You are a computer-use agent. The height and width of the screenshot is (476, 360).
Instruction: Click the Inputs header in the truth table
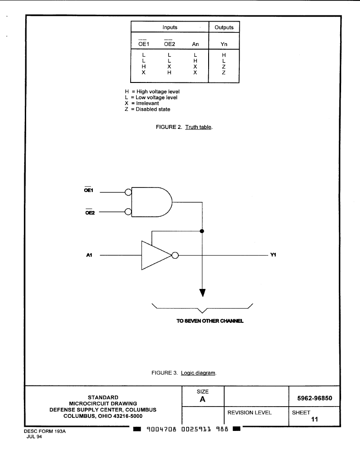point(170,27)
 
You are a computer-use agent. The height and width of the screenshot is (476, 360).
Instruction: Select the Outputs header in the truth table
point(224,27)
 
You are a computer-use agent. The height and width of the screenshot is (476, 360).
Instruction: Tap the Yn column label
point(224,44)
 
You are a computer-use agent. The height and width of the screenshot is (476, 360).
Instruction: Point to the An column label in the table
point(195,44)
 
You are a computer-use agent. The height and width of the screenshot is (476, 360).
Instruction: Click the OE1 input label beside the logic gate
point(89,190)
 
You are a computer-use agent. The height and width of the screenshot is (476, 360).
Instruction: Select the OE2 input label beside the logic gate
point(90,212)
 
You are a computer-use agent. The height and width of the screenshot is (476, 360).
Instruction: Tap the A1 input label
point(89,255)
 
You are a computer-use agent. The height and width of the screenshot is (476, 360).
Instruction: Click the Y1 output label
point(273,255)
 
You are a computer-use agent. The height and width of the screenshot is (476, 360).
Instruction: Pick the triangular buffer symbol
point(155,255)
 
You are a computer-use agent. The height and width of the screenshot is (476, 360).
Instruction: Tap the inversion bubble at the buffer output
point(175,256)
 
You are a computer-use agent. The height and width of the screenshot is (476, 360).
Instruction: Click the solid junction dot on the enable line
point(202,231)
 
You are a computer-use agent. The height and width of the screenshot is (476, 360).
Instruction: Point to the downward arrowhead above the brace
point(202,293)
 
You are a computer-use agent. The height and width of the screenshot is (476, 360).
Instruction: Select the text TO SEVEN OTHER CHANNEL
point(210,321)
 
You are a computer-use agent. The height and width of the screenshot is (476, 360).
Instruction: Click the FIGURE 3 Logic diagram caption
point(184,373)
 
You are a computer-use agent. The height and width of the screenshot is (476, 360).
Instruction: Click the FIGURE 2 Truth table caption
point(184,127)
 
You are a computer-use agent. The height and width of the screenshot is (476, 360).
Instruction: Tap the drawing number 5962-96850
point(315,398)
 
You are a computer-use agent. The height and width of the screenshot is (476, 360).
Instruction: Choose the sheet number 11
point(314,420)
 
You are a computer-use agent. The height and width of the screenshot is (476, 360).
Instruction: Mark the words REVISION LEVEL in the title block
point(250,412)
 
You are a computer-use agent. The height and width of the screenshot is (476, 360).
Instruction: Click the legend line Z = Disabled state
point(147,109)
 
